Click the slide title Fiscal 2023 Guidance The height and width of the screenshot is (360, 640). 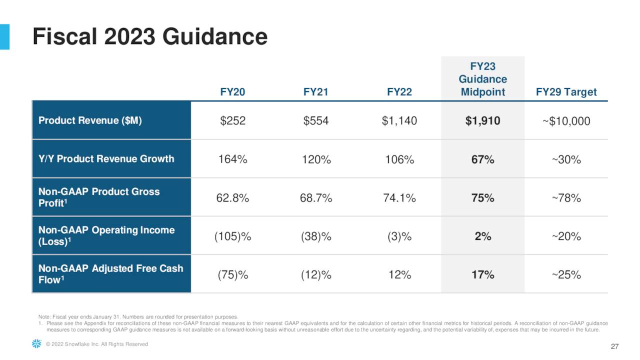tap(150, 37)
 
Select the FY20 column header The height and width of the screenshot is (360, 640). tap(232, 92)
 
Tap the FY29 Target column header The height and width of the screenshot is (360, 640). tap(566, 92)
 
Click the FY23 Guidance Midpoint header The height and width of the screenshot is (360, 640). tap(482, 79)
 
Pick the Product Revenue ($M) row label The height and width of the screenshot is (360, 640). tap(90, 120)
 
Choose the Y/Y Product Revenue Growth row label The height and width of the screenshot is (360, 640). tap(106, 159)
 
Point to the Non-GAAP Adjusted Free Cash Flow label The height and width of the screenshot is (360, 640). tap(110, 274)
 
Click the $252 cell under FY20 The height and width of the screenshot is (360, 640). tap(232, 121)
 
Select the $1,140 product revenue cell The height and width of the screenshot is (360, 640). tap(399, 121)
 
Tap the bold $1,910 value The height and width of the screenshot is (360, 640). tap(482, 121)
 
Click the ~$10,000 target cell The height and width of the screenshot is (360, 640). tap(566, 121)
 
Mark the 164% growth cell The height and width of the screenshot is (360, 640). tap(232, 159)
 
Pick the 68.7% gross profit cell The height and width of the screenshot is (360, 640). tap(316, 198)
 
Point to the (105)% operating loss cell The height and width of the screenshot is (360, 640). tap(232, 236)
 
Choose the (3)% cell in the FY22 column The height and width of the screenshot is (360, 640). tap(399, 236)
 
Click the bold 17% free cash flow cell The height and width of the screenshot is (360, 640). tap(482, 274)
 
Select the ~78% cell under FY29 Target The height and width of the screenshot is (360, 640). tap(566, 198)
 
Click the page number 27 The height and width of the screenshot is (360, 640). tap(614, 347)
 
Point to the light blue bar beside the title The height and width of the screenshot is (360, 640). tap(4, 36)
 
